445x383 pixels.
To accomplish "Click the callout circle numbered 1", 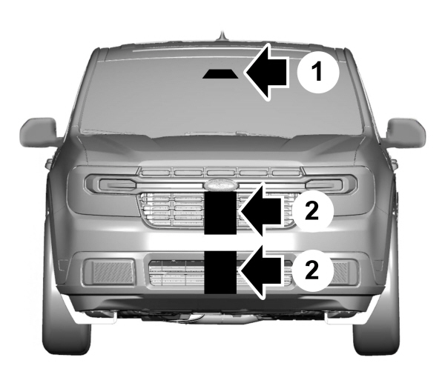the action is point(318,72).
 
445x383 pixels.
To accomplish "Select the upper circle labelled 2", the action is point(312,211).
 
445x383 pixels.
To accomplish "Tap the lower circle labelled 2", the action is point(312,270).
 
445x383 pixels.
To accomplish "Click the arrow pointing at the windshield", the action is point(267,72).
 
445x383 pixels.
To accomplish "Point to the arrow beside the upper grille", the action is point(261,211).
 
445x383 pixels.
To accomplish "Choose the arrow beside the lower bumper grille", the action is point(261,271).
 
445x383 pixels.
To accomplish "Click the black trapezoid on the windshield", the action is point(220,73).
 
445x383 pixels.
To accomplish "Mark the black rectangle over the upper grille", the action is point(220,213).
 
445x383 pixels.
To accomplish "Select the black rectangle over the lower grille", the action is point(220,272).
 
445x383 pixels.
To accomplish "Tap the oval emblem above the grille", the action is point(221,184).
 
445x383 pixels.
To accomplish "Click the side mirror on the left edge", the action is point(39,133).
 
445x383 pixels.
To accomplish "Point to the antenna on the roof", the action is point(222,36).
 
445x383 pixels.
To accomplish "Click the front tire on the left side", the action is point(66,323).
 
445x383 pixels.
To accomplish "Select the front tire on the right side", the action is point(376,323).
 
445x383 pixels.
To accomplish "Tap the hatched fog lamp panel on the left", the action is point(113,272).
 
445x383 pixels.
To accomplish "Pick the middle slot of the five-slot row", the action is point(220,173).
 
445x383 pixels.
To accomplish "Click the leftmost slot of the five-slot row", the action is point(156,173).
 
